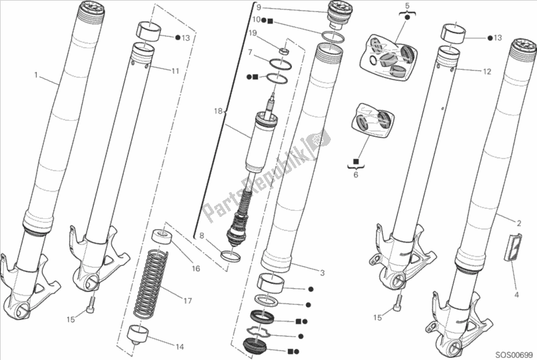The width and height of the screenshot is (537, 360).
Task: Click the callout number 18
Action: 218,111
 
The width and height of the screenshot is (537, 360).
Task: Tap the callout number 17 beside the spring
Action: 187,301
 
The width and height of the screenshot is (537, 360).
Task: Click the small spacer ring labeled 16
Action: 162,237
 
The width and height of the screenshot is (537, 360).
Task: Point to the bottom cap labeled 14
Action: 139,335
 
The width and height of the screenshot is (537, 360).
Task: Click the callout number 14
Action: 179,347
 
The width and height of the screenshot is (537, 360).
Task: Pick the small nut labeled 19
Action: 284,51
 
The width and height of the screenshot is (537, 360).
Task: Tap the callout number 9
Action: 258,7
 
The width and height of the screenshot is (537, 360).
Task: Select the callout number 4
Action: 517,295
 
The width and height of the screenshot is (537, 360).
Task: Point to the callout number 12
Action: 487,72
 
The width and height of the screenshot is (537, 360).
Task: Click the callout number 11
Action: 175,71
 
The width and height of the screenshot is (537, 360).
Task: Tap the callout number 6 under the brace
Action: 356,175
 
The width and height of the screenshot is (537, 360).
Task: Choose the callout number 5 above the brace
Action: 407,5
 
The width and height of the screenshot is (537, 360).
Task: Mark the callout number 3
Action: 322,273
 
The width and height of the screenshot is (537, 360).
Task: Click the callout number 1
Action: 36,75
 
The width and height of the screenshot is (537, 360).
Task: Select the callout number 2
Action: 519,224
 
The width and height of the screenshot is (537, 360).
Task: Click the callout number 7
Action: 250,52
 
